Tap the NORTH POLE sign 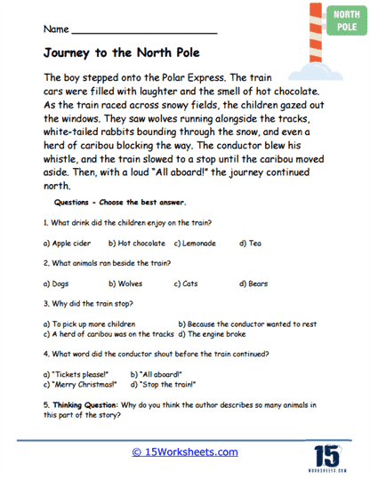pos(338,20)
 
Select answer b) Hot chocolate pos(137,243)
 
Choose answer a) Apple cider pos(70,243)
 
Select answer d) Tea pos(249,243)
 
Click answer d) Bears pos(253,284)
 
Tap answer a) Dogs pos(59,284)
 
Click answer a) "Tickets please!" pos(76,374)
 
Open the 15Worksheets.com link pos(185,451)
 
